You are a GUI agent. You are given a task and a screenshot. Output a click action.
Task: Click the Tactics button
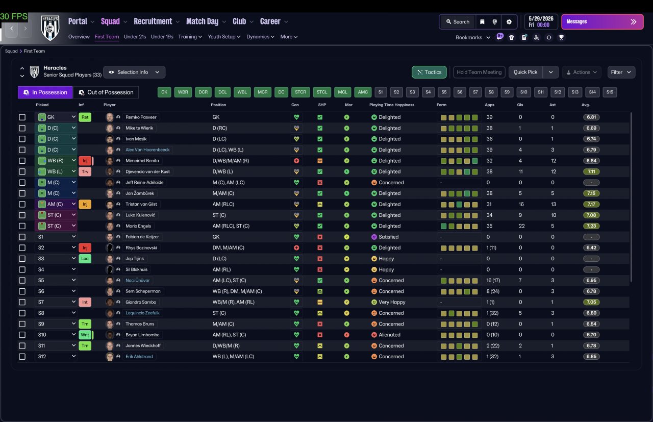429,72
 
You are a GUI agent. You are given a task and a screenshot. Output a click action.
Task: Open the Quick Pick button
525,72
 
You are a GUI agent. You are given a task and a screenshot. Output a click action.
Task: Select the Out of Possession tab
106,92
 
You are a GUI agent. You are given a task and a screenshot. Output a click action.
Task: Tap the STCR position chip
300,92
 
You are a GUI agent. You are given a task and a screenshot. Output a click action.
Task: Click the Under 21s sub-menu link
135,37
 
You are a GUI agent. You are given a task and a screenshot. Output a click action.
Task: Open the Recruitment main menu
153,21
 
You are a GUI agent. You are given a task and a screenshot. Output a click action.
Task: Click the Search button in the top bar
458,22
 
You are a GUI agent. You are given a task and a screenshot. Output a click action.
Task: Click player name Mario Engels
138,226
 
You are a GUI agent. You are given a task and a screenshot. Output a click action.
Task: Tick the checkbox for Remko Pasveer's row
22,117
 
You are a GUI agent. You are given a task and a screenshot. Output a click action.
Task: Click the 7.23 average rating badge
591,226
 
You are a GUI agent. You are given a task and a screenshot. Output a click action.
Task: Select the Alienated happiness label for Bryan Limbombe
389,335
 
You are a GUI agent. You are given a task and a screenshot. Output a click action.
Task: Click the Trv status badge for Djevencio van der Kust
85,171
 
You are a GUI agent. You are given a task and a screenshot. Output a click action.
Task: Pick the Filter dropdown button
621,72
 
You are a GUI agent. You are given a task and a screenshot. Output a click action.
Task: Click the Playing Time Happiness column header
391,105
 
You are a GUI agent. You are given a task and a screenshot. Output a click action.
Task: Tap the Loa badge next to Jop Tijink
85,259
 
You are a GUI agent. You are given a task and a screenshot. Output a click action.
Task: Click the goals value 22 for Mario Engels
521,226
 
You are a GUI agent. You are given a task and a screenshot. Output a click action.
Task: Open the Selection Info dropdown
134,72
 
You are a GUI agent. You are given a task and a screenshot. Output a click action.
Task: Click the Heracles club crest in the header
50,28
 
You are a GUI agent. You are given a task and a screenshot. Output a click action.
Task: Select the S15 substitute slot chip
610,92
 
